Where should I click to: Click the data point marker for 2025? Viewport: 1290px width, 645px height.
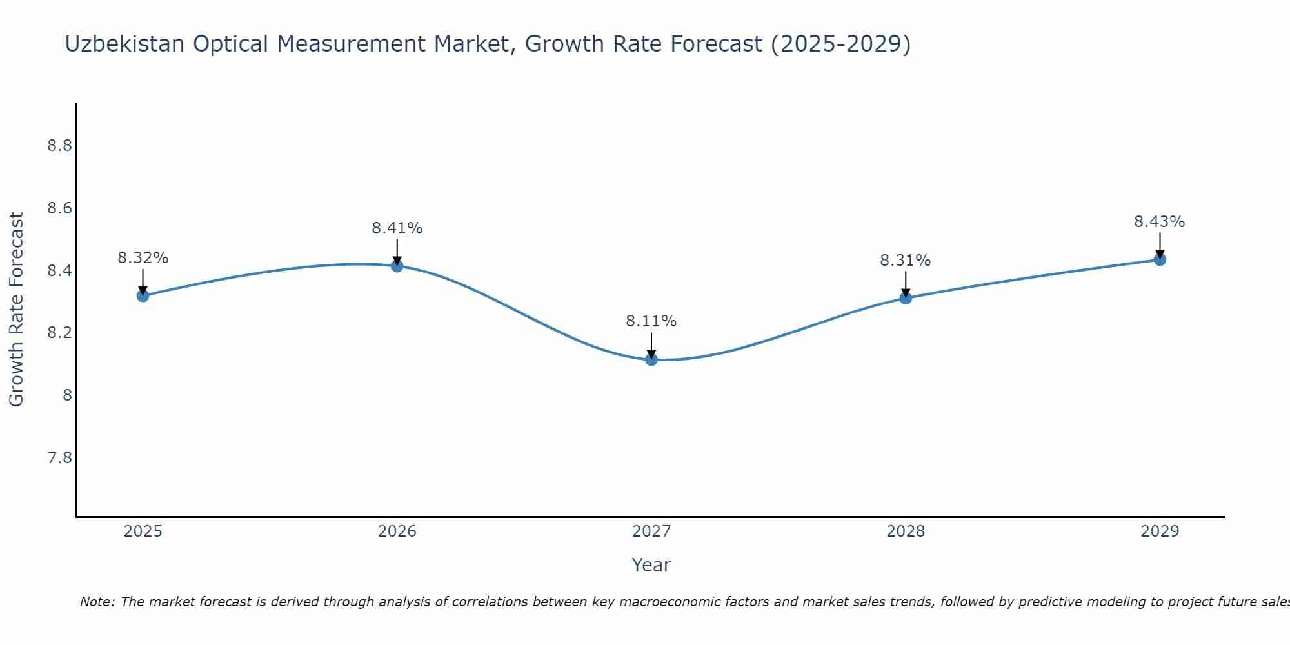pos(143,295)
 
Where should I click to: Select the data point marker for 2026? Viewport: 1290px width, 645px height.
pos(397,266)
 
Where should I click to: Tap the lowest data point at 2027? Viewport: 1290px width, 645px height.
pos(651,359)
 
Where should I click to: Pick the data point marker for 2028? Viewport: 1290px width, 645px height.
pos(906,297)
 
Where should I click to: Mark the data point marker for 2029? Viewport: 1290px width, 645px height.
pos(1160,259)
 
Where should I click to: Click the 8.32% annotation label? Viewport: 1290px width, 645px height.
pos(143,258)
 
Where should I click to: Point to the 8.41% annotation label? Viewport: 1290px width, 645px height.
pos(397,228)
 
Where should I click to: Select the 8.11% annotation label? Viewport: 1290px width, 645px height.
pos(651,321)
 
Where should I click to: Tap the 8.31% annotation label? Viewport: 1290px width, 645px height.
pos(906,261)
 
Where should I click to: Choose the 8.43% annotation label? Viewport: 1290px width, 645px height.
pos(1160,222)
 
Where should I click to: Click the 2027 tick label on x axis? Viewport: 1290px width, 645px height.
pos(651,531)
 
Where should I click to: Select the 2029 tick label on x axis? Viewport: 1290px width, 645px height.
pos(1160,531)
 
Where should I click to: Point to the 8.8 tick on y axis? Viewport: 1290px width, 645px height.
pos(59,146)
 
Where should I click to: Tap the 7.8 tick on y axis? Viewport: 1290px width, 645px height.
pos(59,458)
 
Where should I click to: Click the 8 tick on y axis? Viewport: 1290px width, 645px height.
pos(67,395)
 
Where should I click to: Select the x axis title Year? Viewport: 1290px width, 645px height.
pos(651,565)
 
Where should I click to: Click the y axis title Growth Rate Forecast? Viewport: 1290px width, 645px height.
pos(16,310)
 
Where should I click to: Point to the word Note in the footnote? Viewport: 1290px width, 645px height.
pos(97,602)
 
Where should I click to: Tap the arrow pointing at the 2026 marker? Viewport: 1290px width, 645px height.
pos(397,252)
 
